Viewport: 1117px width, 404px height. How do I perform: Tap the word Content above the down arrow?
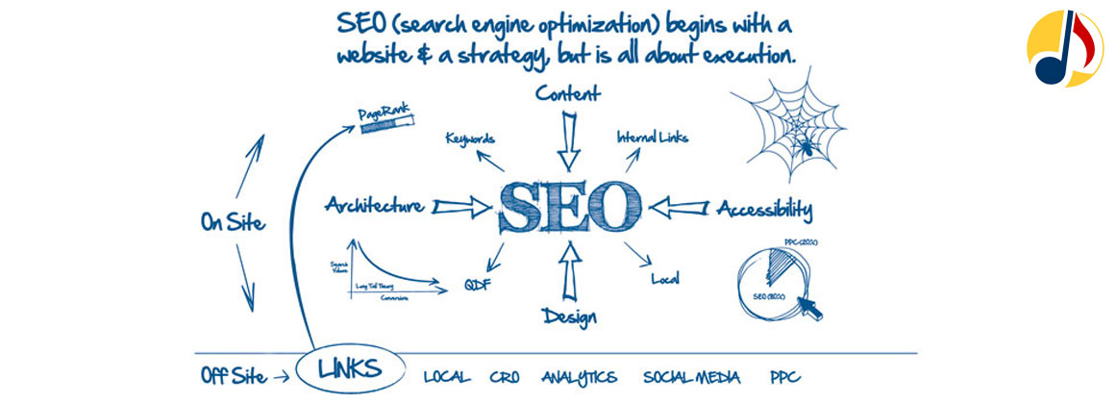568,93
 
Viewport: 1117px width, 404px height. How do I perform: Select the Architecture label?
374,205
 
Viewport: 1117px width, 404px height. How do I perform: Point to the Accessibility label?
765,208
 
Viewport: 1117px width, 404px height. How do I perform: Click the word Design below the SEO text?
568,316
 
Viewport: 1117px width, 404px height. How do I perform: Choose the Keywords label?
470,139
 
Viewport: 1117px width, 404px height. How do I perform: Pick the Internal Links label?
652,137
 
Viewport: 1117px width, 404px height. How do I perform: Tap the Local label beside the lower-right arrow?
665,279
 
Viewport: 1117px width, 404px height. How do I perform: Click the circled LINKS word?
348,367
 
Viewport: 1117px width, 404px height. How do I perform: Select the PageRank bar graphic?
386,123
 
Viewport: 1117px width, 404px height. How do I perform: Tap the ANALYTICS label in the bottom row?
579,377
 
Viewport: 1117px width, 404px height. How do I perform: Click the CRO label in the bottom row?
505,377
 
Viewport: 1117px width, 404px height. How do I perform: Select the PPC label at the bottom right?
784,377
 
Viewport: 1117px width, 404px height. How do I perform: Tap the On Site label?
233,222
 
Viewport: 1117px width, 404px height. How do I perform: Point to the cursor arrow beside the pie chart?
812,306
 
